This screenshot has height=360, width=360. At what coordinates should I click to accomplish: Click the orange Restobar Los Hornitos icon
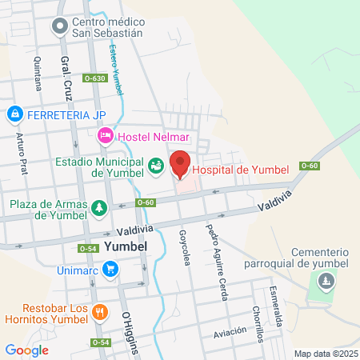tap(100, 311)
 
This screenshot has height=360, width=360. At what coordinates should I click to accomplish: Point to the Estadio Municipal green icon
tap(156, 166)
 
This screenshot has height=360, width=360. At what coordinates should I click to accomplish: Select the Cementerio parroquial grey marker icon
tap(326, 282)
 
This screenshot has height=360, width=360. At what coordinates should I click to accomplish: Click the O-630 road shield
tap(95, 78)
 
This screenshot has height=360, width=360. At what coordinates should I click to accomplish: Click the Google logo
tap(26, 350)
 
